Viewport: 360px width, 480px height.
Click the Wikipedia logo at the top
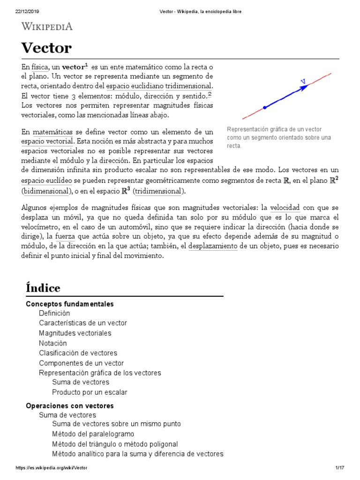click(47, 27)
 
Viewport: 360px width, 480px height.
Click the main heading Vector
click(46, 48)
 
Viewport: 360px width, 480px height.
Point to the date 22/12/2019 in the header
click(22, 11)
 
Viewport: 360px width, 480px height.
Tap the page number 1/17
click(340, 468)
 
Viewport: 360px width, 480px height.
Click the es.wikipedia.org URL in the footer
click(52, 468)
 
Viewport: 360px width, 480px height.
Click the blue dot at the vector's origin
click(265, 108)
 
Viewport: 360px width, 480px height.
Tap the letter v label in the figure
click(303, 81)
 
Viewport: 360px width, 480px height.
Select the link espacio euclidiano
click(135, 86)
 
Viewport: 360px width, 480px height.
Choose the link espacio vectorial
click(47, 141)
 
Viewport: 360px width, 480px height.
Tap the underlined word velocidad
click(285, 207)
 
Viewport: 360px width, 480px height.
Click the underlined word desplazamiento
click(213, 246)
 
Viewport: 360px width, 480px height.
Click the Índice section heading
click(43, 287)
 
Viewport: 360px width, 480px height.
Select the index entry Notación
click(53, 343)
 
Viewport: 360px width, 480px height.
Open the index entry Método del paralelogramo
click(93, 434)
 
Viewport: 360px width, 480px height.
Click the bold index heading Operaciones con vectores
click(69, 405)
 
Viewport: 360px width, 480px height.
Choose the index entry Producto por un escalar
click(90, 392)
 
